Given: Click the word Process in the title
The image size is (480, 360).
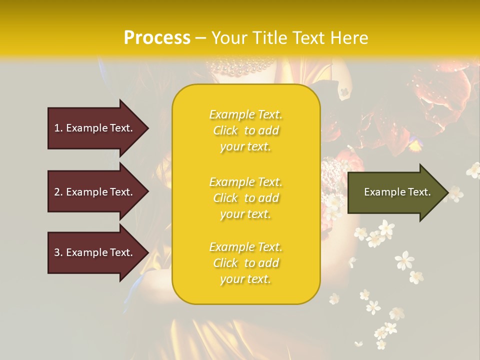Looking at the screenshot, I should [157, 38].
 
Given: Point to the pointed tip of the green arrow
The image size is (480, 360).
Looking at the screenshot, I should [447, 192].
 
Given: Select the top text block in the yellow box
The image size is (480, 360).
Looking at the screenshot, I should [245, 130].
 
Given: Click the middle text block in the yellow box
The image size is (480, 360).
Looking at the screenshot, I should [245, 198].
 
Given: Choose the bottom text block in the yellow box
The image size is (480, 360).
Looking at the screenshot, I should [245, 263].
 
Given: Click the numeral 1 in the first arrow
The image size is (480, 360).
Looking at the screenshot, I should [57, 128].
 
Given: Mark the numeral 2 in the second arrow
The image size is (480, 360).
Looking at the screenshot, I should [57, 192].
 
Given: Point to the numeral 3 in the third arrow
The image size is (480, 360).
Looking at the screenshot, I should [57, 252].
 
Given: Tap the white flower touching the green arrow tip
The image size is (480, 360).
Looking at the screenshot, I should [455, 193].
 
